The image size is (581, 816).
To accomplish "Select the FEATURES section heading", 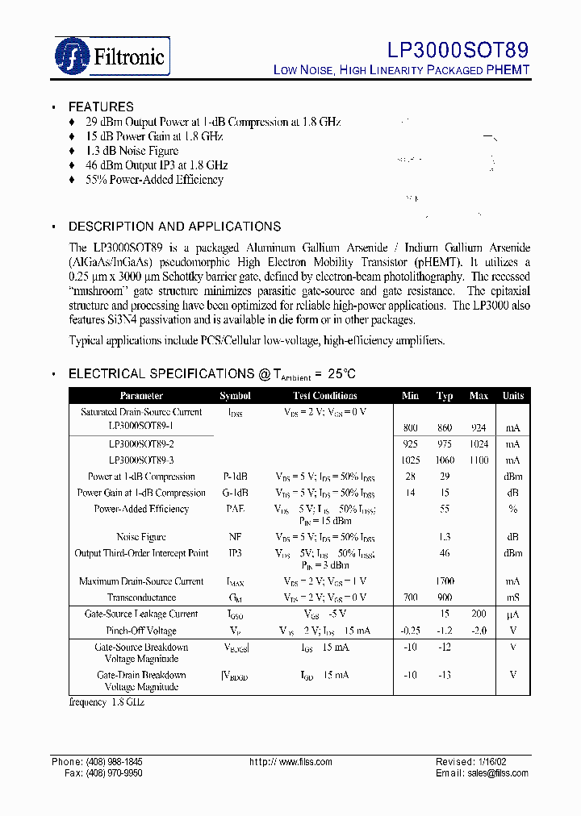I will tap(101, 106).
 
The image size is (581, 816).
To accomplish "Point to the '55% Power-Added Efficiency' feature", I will tap(154, 180).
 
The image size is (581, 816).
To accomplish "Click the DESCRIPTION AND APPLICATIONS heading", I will tap(174, 227).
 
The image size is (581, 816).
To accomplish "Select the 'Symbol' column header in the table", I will tap(235, 396).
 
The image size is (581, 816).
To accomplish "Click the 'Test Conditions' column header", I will tap(324, 396).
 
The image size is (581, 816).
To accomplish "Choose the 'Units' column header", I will tap(513, 396).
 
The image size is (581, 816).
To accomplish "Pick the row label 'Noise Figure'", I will tap(141, 537).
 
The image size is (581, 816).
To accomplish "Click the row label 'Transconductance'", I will tap(141, 597).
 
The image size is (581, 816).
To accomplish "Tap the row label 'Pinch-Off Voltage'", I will tap(141, 631).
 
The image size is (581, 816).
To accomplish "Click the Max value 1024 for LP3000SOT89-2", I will tap(479, 444).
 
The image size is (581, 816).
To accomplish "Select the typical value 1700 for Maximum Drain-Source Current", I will tap(445, 581).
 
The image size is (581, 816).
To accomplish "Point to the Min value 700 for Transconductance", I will tap(411, 597).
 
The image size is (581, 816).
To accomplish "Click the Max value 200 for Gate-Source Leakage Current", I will tap(479, 614).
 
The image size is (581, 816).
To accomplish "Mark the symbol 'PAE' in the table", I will tap(235, 509).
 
